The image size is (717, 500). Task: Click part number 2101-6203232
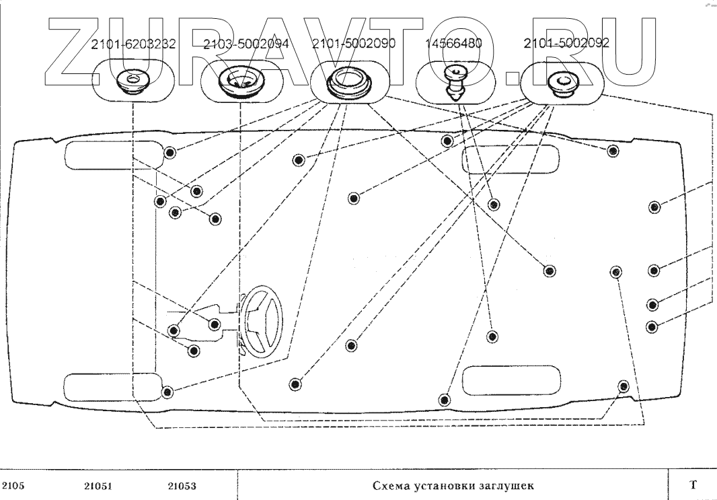(133, 44)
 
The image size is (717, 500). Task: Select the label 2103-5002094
(246, 44)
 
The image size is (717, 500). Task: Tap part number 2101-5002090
(354, 44)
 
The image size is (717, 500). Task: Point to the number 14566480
(453, 44)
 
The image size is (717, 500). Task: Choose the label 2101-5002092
(566, 43)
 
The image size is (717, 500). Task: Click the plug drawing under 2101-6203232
(133, 81)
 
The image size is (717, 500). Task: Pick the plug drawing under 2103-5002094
(241, 82)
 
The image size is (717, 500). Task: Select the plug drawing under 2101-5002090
(350, 82)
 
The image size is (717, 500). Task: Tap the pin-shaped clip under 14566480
(455, 83)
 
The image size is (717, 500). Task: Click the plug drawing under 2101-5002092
(563, 83)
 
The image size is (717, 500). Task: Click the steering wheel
(262, 320)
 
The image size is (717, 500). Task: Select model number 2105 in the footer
(13, 486)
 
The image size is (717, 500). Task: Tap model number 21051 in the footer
(98, 486)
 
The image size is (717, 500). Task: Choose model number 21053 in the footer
(182, 486)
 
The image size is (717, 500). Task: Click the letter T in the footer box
(693, 485)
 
